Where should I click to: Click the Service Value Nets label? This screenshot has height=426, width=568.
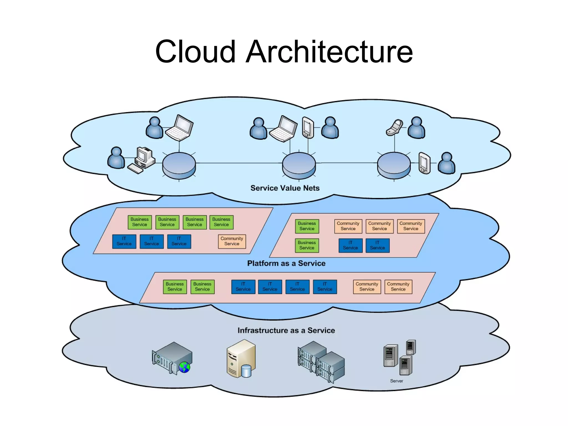click(285, 188)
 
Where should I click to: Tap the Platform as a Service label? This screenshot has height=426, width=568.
click(286, 263)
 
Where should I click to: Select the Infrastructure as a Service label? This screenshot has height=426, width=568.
click(286, 330)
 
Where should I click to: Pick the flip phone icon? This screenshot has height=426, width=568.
click(394, 128)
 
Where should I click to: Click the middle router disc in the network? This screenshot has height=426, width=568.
click(299, 165)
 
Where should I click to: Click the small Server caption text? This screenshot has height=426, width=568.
click(396, 381)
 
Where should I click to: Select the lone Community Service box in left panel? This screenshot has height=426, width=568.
click(232, 241)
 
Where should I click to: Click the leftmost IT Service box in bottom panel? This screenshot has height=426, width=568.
click(243, 286)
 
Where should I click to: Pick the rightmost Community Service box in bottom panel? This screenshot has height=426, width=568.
click(398, 286)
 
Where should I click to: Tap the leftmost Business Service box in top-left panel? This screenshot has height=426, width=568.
click(140, 222)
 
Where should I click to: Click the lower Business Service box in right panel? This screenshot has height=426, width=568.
click(307, 245)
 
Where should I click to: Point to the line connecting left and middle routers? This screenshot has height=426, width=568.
click(239, 163)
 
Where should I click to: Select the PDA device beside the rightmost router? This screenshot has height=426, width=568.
click(424, 163)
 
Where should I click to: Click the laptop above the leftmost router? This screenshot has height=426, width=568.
click(179, 128)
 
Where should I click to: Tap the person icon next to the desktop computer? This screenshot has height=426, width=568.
click(116, 158)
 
